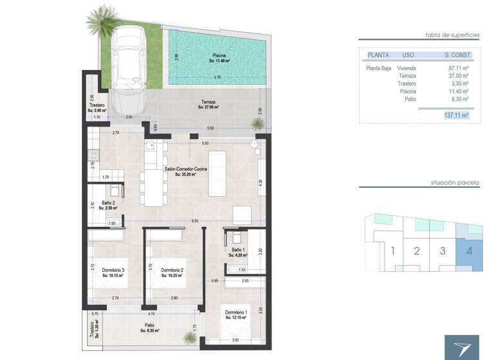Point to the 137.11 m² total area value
[x=455, y=115]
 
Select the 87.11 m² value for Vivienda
[x=457, y=67]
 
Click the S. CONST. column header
[x=455, y=55]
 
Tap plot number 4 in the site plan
[x=470, y=249]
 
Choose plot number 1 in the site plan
[x=392, y=250]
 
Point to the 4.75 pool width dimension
[x=217, y=78]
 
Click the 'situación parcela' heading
[x=455, y=183]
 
